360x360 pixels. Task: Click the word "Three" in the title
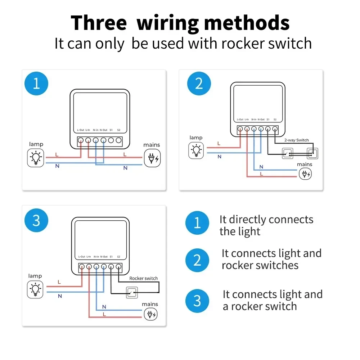point(99,23)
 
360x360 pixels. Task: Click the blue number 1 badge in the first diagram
point(36,84)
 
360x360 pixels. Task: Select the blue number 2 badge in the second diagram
point(199,84)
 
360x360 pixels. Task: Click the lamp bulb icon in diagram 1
point(36,158)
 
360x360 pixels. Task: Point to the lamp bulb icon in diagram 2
point(196,150)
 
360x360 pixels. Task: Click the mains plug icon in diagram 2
point(306,174)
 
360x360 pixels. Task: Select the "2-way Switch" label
point(296,140)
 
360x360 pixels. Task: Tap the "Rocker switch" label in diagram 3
point(143,278)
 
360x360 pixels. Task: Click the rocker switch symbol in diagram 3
point(132,292)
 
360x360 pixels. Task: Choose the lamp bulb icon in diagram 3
point(35,289)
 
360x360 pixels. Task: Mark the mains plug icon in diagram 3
point(150,314)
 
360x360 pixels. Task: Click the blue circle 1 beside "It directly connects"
point(197,223)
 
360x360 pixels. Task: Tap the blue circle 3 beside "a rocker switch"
point(197,301)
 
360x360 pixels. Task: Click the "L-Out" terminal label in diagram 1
point(81,130)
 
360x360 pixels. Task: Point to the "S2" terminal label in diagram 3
point(118,257)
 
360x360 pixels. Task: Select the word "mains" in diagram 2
point(305,164)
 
